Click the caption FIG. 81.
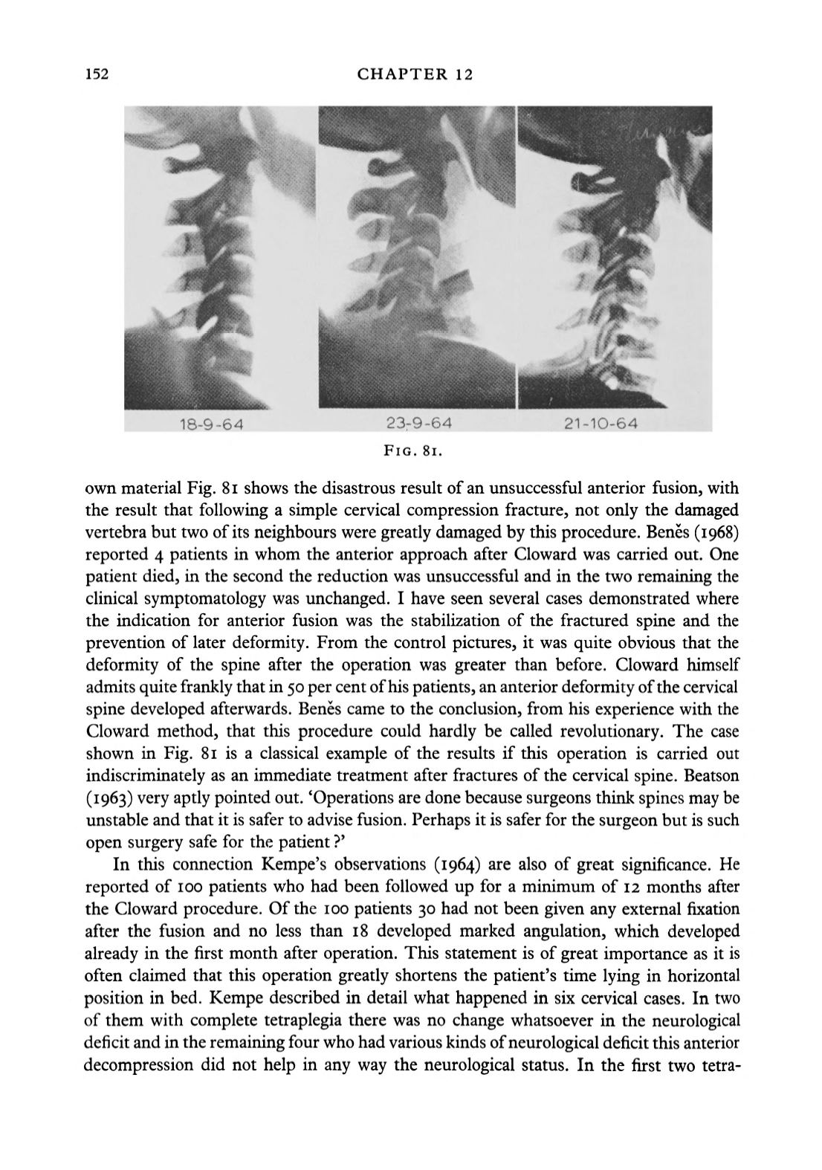[x=413, y=450]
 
